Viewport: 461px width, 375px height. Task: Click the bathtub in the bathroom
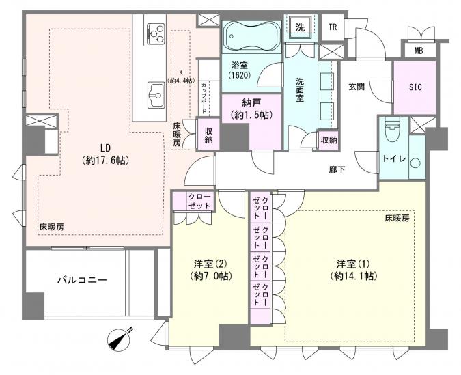pos(250,34)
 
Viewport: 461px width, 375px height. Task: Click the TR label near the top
pos(333,27)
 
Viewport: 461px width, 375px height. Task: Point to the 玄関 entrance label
pos(357,86)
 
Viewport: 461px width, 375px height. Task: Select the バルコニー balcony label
pos(81,279)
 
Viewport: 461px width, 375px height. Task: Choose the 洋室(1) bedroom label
pos(353,269)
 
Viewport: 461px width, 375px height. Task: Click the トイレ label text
pos(393,161)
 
